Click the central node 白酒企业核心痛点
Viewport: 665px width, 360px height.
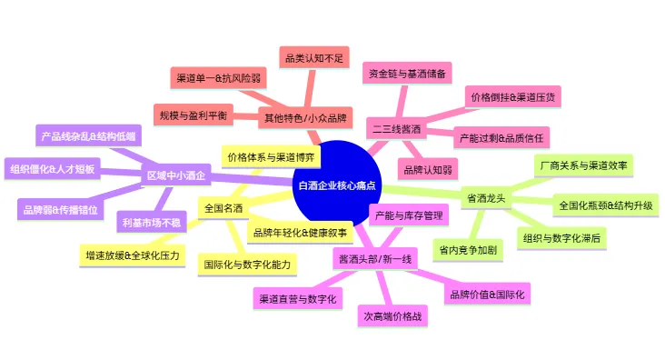tap(337, 185)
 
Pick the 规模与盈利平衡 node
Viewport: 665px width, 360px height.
tap(194, 115)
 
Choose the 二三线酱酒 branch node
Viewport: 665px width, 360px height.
tap(398, 130)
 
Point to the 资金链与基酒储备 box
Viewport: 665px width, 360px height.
tap(406, 72)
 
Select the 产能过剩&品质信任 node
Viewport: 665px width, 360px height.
tap(501, 137)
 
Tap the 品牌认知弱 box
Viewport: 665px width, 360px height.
tap(427, 168)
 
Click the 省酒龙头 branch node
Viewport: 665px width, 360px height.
tap(486, 197)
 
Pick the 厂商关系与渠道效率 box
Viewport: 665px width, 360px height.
tap(585, 165)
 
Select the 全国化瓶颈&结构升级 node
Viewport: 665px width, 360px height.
tap(605, 205)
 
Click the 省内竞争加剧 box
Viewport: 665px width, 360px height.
tap(469, 247)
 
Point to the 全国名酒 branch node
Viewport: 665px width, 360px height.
tap(223, 208)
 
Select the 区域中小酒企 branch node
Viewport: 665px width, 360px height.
tap(176, 176)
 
